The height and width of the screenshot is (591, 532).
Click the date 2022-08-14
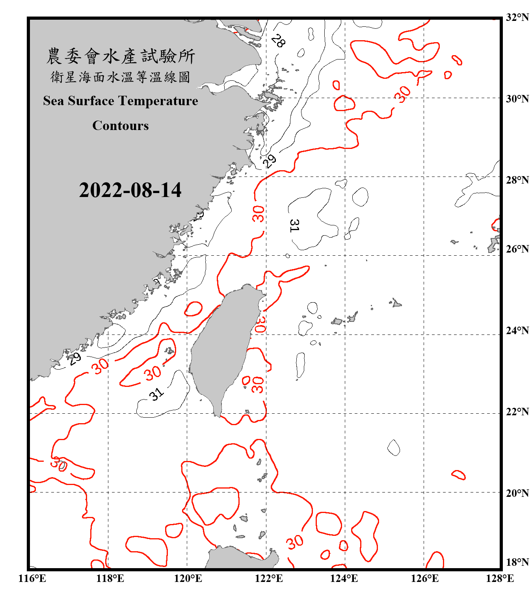click(130, 190)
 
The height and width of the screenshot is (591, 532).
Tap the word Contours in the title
click(120, 126)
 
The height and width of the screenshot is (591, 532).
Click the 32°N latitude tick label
click(517, 17)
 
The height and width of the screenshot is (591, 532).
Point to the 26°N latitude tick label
click(517, 249)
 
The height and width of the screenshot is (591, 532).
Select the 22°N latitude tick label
click(517, 412)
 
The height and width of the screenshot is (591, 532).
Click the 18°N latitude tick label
click(517, 562)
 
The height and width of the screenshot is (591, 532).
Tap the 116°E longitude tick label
click(32, 578)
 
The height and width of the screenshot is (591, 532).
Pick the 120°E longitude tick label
click(188, 578)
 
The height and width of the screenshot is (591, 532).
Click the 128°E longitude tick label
click(500, 578)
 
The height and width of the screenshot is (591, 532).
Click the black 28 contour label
click(278, 41)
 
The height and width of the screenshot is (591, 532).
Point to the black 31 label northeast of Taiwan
click(294, 225)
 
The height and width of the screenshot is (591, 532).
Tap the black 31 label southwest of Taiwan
click(156, 394)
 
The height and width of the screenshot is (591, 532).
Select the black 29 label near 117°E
click(74, 358)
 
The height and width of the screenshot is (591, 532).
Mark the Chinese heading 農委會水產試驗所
click(120, 56)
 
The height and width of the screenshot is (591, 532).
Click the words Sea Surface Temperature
click(120, 101)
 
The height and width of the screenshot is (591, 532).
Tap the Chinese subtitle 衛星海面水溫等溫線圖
click(120, 77)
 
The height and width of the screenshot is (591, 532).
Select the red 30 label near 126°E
click(403, 94)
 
